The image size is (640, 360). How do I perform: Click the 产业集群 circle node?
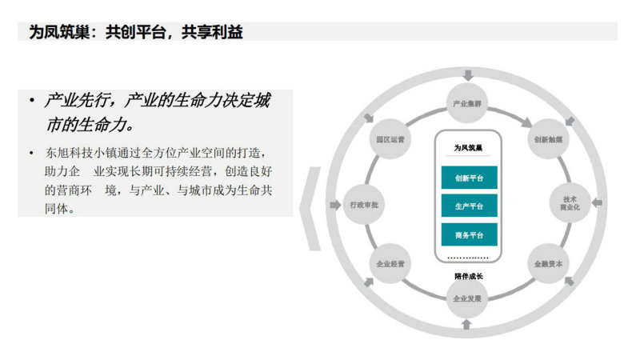[467, 104]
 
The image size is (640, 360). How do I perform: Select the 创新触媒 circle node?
[548, 139]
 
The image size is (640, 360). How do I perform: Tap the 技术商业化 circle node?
[570, 203]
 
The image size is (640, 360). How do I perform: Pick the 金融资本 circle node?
[548, 264]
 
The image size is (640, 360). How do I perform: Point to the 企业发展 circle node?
[467, 298]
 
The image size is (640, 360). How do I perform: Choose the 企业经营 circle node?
[390, 264]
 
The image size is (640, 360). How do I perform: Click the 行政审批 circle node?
[364, 205]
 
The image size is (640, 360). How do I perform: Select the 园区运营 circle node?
[390, 139]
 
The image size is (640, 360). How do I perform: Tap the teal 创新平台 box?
[470, 178]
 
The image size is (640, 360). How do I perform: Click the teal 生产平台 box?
[470, 206]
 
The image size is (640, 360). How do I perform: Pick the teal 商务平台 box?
[470, 234]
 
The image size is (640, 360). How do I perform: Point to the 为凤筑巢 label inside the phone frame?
[468, 148]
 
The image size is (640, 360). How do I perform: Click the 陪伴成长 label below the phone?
[469, 276]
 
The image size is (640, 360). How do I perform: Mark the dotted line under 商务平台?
[468, 258]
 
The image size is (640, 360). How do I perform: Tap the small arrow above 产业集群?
[468, 75]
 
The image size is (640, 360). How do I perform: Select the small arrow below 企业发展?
[466, 325]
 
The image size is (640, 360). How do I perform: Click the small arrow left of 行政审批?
[335, 205]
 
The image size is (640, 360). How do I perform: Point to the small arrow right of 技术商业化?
[597, 202]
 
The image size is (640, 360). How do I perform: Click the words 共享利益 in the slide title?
[212, 32]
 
